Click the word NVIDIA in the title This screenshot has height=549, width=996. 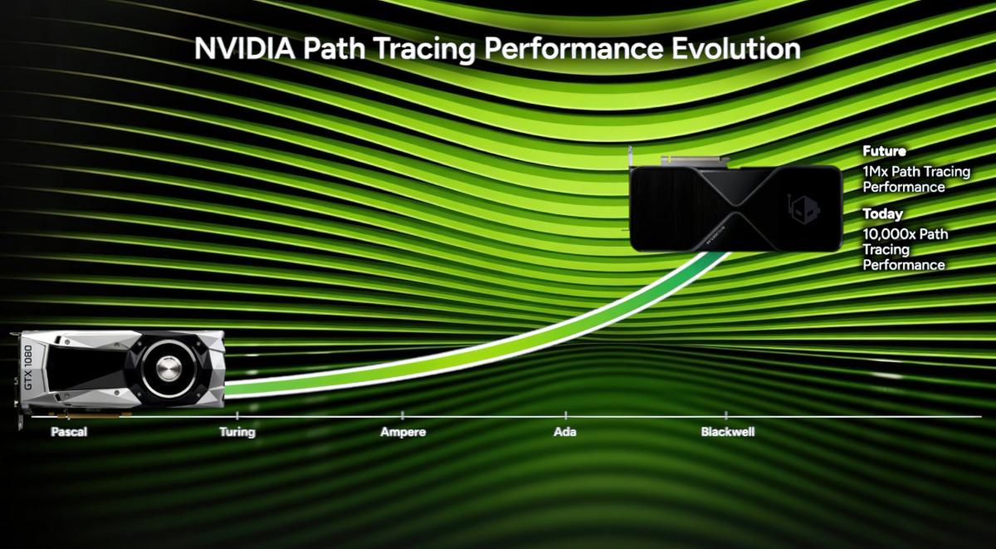pyautogui.click(x=245, y=48)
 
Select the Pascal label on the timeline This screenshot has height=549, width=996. pyautogui.click(x=69, y=433)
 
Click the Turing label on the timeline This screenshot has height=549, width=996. pyautogui.click(x=237, y=433)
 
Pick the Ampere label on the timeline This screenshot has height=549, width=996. pyautogui.click(x=403, y=433)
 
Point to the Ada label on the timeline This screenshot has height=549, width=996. pyautogui.click(x=565, y=433)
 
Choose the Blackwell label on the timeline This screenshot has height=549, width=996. pyautogui.click(x=727, y=433)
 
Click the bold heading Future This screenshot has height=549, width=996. pyautogui.click(x=884, y=152)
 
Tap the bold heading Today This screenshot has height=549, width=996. pyautogui.click(x=882, y=214)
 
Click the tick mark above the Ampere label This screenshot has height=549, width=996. pyautogui.click(x=403, y=414)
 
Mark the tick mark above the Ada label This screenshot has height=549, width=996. pyautogui.click(x=566, y=414)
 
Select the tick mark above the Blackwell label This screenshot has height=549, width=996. pyautogui.click(x=727, y=414)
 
